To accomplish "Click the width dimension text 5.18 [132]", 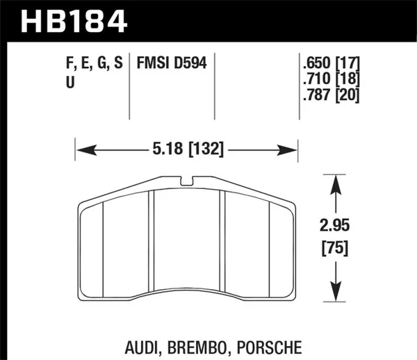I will point(185,149).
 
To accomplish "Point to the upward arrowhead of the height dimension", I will point(336,181).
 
